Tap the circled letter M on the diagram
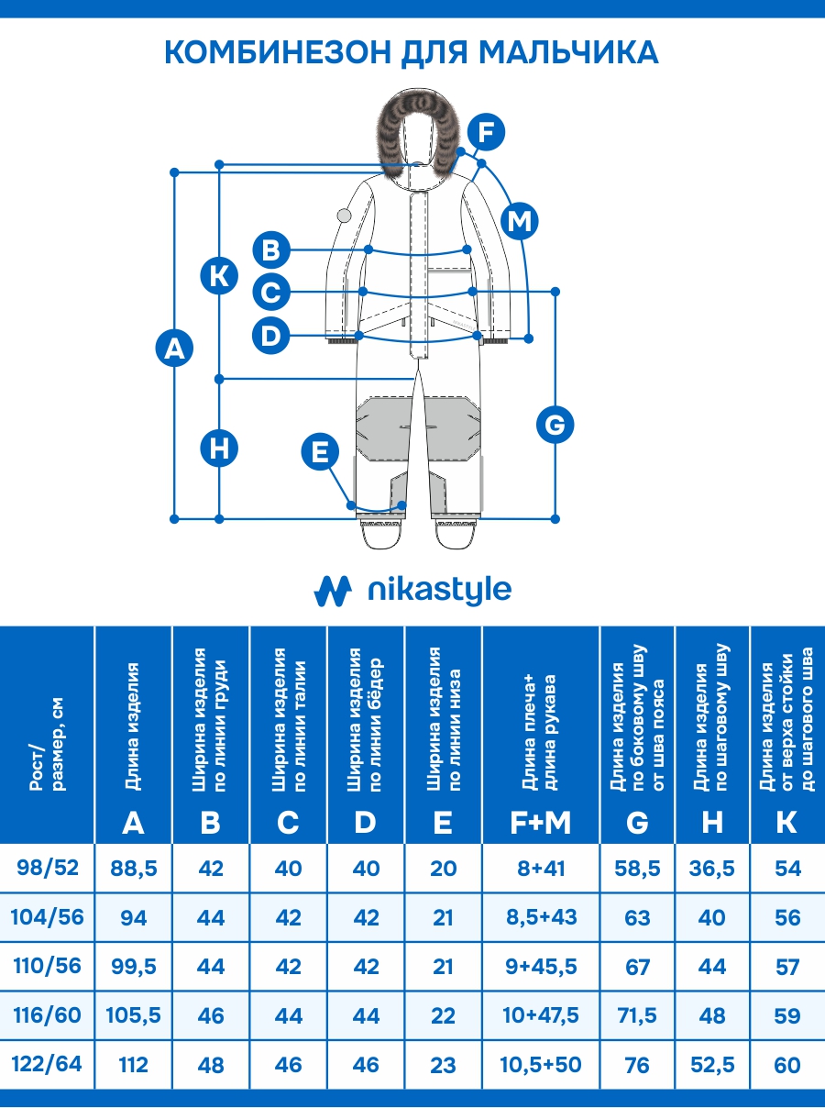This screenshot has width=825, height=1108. click(x=520, y=221)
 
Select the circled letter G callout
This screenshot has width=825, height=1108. click(x=554, y=425)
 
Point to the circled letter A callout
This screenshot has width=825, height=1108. click(x=174, y=349)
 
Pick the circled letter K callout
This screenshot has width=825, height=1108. click(x=219, y=275)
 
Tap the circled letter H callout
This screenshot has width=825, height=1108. click(x=219, y=449)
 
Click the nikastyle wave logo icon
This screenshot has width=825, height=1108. click(x=333, y=591)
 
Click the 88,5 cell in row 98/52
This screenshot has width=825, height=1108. click(x=134, y=869)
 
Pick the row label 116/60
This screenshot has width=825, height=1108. click(x=48, y=1015)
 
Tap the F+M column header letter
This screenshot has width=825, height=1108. click(x=541, y=823)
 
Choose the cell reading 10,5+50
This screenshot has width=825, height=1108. click(x=541, y=1065)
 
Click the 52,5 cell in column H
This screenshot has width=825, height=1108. click(x=712, y=1065)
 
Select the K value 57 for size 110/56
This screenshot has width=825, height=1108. click(x=786, y=967)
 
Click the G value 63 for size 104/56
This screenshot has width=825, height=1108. click(x=637, y=917)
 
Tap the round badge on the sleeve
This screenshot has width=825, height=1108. click(x=345, y=216)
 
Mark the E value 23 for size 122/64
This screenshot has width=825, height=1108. click(x=443, y=1065)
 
